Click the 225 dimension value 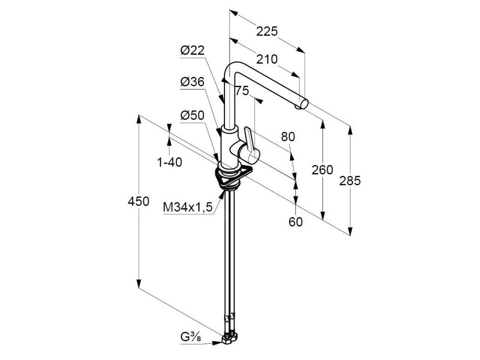click(x=267, y=31)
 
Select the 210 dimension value click(x=267, y=59)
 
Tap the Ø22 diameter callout click(x=193, y=51)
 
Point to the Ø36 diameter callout click(x=193, y=82)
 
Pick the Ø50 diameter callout click(x=193, y=115)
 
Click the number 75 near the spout click(x=242, y=91)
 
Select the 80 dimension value click(x=288, y=137)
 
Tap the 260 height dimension click(x=322, y=170)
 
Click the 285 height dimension click(x=350, y=181)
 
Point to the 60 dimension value click(x=296, y=222)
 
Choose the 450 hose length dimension click(x=139, y=202)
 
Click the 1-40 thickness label click(x=169, y=162)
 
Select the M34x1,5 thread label click(x=188, y=207)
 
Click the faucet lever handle click(x=250, y=145)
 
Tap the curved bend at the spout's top click(x=231, y=69)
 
